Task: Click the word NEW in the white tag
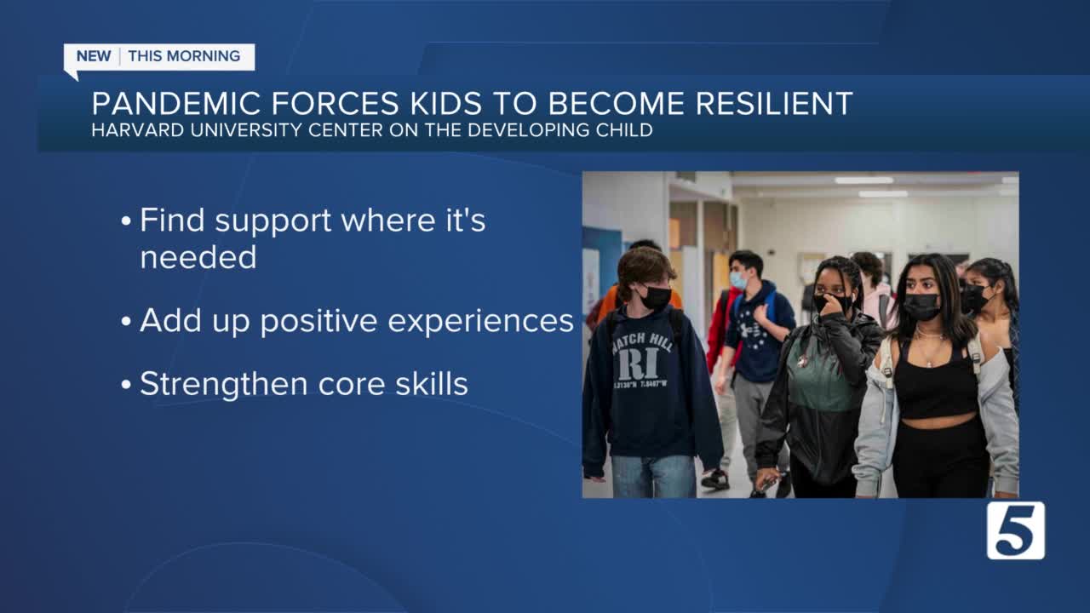coord(94,56)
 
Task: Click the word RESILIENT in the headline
coord(774,103)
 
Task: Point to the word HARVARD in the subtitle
coord(138,130)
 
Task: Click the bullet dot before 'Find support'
coord(126,221)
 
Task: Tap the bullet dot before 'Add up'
coord(126,321)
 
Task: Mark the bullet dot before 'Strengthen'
coord(126,384)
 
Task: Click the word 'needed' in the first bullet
coord(198,257)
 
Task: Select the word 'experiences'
coord(480,321)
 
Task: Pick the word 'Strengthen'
coord(224,384)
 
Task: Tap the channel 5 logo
coord(1016,530)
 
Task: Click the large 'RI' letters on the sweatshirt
coord(639,364)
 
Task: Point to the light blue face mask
coord(737,280)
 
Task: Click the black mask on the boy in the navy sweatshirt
coord(656,297)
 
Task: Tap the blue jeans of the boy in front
coord(653,477)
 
